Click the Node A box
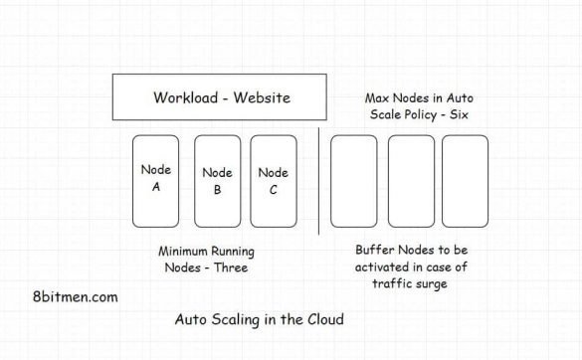pyautogui.click(x=157, y=180)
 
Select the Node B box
pyautogui.click(x=217, y=180)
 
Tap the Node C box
pyautogui.click(x=274, y=180)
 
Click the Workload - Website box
pyautogui.click(x=223, y=98)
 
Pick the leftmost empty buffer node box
pyautogui.click(x=354, y=180)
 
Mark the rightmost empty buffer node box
pyautogui.click(x=465, y=180)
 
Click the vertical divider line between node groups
pyautogui.click(x=318, y=180)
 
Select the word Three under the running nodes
pyautogui.click(x=229, y=268)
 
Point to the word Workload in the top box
pyautogui.click(x=185, y=98)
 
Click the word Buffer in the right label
pyautogui.click(x=375, y=249)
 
